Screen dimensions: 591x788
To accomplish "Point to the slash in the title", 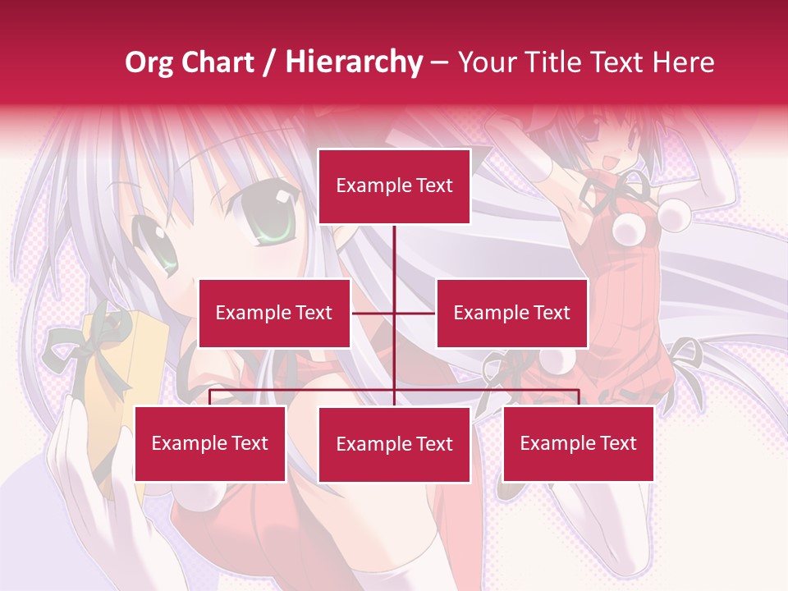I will click(x=268, y=63).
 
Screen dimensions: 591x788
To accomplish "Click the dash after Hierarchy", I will click(x=439, y=63).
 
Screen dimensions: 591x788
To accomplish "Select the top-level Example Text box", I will click(x=394, y=186).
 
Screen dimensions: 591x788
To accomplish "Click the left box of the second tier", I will click(x=274, y=313).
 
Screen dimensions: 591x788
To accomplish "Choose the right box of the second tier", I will click(x=511, y=313).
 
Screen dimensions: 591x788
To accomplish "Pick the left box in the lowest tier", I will click(x=210, y=443).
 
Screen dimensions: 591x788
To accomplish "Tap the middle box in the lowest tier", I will click(x=394, y=444).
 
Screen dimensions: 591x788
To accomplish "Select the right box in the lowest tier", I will click(x=578, y=443).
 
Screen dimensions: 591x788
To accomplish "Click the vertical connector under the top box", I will click(x=394, y=263).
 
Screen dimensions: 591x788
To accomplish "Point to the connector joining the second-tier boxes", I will click(x=394, y=313).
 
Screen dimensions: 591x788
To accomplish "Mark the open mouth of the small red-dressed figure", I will click(x=609, y=163).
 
